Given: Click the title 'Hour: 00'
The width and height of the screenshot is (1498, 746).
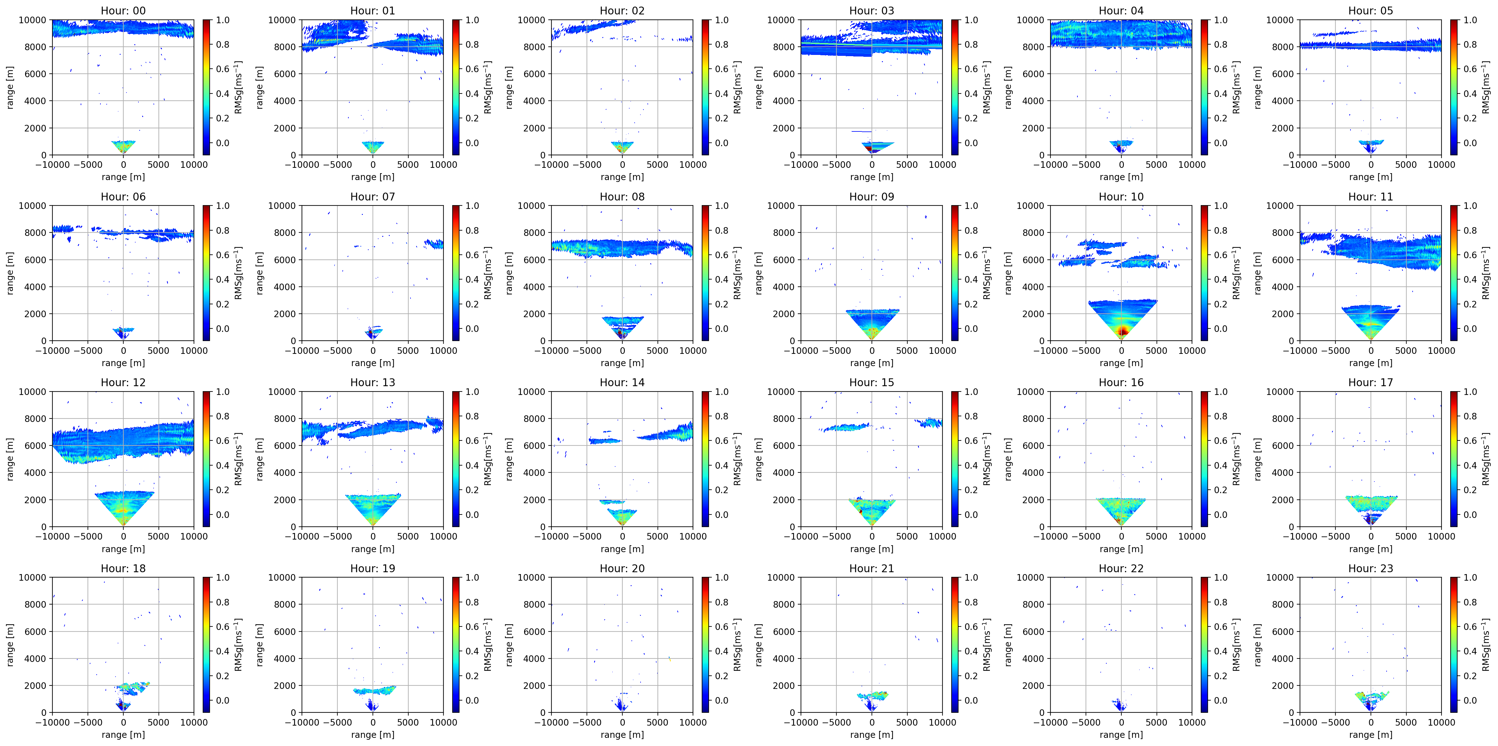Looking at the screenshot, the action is point(123,10).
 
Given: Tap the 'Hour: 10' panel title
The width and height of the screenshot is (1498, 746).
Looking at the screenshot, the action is point(1121,196).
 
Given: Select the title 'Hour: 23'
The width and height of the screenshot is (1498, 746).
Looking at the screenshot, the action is point(1371,568).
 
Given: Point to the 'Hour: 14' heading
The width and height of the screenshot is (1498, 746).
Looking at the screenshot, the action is point(622,382).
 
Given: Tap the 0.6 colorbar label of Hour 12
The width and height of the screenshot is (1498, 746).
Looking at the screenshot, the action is point(223,441).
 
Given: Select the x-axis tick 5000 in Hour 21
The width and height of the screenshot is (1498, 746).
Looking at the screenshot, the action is point(907,722).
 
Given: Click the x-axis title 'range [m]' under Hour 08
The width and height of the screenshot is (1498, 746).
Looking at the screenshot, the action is point(622,363).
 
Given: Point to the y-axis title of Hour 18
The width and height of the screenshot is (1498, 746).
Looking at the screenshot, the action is point(10,645).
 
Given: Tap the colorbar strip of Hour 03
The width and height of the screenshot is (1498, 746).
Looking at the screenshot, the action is point(955,87).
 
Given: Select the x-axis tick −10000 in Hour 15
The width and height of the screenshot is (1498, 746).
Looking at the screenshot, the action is point(801,536).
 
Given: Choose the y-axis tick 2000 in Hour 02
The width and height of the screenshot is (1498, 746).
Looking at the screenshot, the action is point(534,128).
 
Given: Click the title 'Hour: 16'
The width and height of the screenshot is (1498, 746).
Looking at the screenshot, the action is point(1121,382).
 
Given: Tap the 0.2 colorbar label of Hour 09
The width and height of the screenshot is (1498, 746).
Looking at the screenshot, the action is point(971,304).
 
